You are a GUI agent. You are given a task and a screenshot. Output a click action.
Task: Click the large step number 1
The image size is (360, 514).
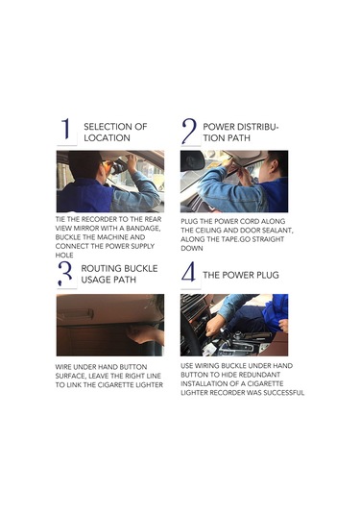coord(66,129)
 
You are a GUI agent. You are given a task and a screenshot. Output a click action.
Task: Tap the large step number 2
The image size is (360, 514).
coord(189,131)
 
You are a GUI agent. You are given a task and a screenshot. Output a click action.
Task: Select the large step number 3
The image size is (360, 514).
coord(65,274)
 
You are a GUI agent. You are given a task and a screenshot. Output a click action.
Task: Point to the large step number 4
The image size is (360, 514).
coord(189,272)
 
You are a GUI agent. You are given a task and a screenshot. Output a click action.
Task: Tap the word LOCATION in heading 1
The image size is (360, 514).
coord(107,138)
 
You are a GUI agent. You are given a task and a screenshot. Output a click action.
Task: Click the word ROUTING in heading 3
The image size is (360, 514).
coord(101,268)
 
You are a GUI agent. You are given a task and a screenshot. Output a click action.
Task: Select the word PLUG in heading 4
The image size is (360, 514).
coord(266,275)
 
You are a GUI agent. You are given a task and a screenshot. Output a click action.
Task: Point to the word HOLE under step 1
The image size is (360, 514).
coord(64,255)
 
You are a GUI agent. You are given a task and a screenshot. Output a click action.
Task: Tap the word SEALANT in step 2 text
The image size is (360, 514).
coord(277,231)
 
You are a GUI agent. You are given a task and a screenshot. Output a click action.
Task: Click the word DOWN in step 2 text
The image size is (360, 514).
coord(192,249)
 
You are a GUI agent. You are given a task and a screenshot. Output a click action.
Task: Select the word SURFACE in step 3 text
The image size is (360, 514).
coord(70,376)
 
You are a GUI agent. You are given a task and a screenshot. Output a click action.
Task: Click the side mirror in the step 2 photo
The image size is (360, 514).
coord(192,160)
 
